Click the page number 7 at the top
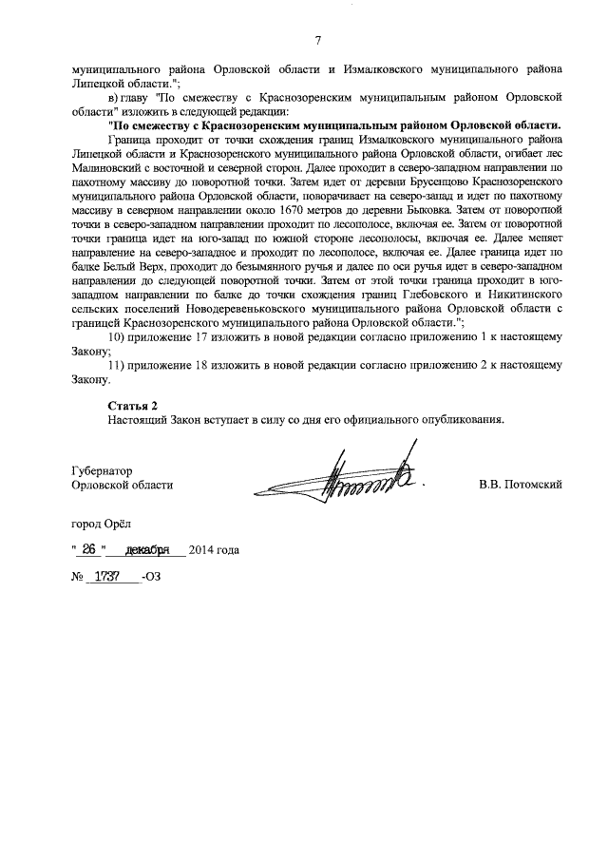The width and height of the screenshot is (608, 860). click(317, 39)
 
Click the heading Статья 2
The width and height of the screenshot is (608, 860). click(132, 407)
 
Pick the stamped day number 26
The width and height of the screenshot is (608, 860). click(88, 550)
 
